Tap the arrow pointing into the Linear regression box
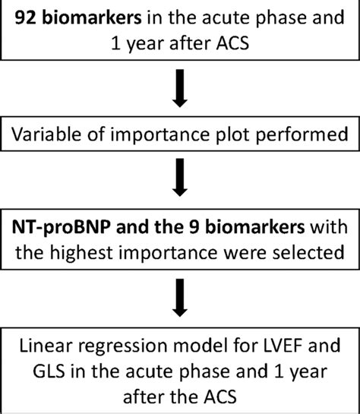(x=180, y=299)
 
